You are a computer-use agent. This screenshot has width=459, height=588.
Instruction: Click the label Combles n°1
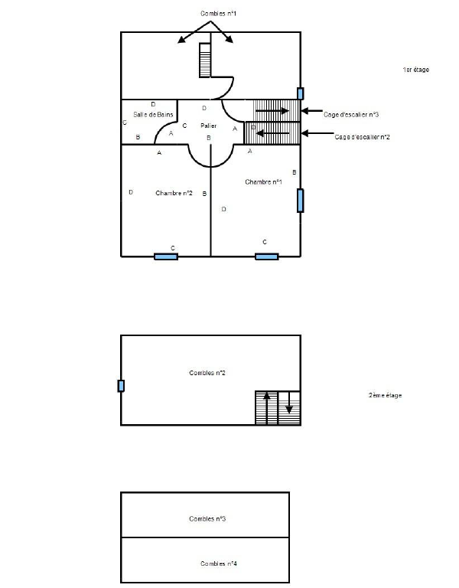(219, 14)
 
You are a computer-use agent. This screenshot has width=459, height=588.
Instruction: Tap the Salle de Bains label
(153, 114)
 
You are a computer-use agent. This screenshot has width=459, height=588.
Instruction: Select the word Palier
(209, 126)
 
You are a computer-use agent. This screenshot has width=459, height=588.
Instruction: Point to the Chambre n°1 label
(263, 182)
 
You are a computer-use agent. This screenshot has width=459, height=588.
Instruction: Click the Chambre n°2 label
(174, 193)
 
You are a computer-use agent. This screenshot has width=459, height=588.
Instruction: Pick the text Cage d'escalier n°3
(351, 114)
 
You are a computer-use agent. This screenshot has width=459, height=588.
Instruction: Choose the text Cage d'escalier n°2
(363, 137)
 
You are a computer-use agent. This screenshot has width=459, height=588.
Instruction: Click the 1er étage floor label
(416, 70)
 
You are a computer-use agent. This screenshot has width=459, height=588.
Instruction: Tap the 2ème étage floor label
(386, 395)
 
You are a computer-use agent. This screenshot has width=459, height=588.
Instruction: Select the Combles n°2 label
(207, 373)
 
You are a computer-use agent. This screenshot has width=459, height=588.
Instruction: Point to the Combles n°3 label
(207, 518)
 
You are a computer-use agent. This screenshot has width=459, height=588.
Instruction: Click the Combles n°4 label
(219, 563)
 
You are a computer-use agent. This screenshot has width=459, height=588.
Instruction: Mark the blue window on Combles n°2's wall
(121, 386)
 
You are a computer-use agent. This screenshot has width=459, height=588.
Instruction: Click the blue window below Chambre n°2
(166, 256)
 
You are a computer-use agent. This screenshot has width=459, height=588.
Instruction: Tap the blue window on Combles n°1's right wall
(300, 93)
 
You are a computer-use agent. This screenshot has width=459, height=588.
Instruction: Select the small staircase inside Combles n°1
(205, 60)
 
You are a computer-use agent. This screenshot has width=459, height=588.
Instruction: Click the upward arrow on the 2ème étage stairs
(267, 408)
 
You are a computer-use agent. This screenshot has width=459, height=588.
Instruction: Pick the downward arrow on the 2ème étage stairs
(289, 403)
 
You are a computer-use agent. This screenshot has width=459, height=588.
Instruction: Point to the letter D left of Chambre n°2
(131, 192)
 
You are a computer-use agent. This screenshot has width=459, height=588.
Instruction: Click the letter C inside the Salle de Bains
(125, 122)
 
